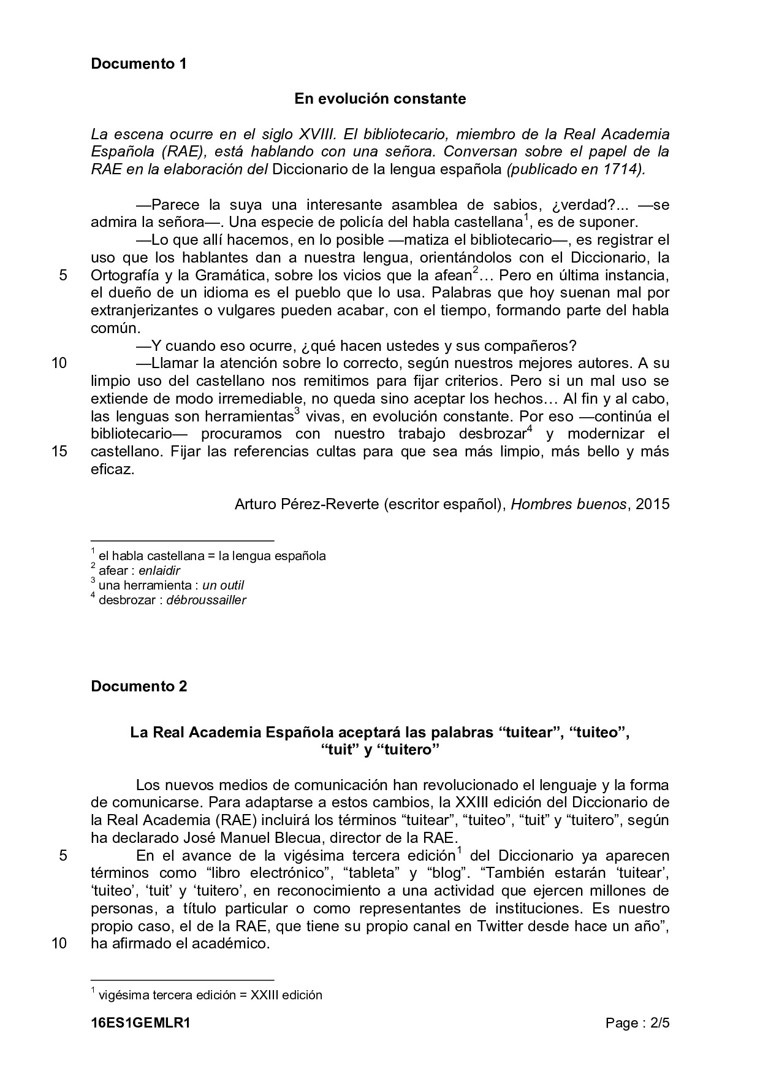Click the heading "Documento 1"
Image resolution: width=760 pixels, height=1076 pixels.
click(x=139, y=63)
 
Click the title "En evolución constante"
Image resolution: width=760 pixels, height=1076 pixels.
click(x=380, y=99)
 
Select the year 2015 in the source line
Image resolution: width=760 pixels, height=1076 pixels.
click(x=653, y=504)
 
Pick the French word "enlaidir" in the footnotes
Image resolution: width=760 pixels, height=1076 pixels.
click(x=159, y=571)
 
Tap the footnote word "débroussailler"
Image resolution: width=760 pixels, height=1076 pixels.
click(x=206, y=600)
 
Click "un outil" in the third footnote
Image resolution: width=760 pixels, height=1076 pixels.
click(x=223, y=585)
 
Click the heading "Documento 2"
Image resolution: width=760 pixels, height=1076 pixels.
click(x=139, y=686)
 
